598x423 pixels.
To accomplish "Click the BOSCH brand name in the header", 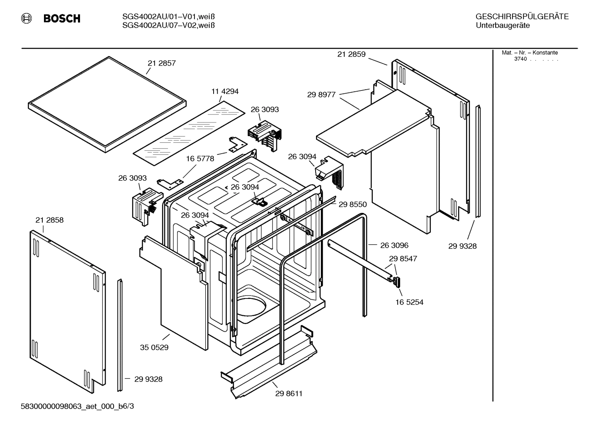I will (62, 19).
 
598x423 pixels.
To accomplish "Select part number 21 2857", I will (162, 64).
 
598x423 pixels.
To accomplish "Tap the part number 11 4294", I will (225, 91).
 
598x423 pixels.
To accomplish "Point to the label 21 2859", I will (351, 54).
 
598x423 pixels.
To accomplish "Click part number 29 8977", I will (321, 95).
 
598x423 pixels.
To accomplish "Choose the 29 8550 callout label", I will (352, 204).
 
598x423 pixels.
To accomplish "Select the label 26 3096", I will (394, 245).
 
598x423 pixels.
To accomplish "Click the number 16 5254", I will (409, 302).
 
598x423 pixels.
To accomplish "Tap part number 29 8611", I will (289, 394).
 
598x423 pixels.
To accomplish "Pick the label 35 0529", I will (154, 347).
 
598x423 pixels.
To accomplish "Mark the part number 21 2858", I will (49, 220).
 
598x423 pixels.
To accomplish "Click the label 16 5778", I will (200, 159).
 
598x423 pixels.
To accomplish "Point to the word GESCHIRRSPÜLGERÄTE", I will (522, 17).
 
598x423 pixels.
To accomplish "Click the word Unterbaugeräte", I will (503, 26).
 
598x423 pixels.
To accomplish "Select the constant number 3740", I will (520, 59).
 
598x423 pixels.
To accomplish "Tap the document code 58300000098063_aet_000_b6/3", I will (78, 406).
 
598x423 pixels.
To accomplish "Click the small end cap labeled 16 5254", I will (397, 282).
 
